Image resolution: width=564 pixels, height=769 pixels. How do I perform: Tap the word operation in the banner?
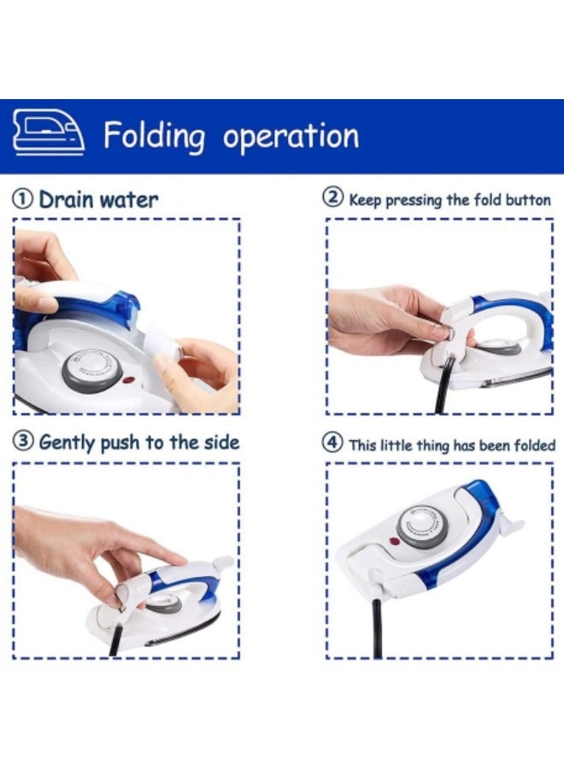pos(291,137)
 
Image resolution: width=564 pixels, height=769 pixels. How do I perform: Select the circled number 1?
pos(24,200)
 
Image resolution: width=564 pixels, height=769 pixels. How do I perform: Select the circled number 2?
pos(332,198)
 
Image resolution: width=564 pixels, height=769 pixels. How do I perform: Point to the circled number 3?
pos(24,442)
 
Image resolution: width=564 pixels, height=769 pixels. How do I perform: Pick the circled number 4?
pos(332,443)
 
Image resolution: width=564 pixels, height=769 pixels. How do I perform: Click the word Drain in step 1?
pos(67,200)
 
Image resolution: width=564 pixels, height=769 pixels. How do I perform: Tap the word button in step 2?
pos(527,200)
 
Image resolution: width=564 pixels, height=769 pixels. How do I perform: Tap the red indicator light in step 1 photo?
pos(130,382)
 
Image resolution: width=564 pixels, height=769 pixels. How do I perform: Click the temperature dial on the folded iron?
pos(422,524)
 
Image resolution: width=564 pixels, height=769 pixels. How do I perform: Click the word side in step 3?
pos(220,443)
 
